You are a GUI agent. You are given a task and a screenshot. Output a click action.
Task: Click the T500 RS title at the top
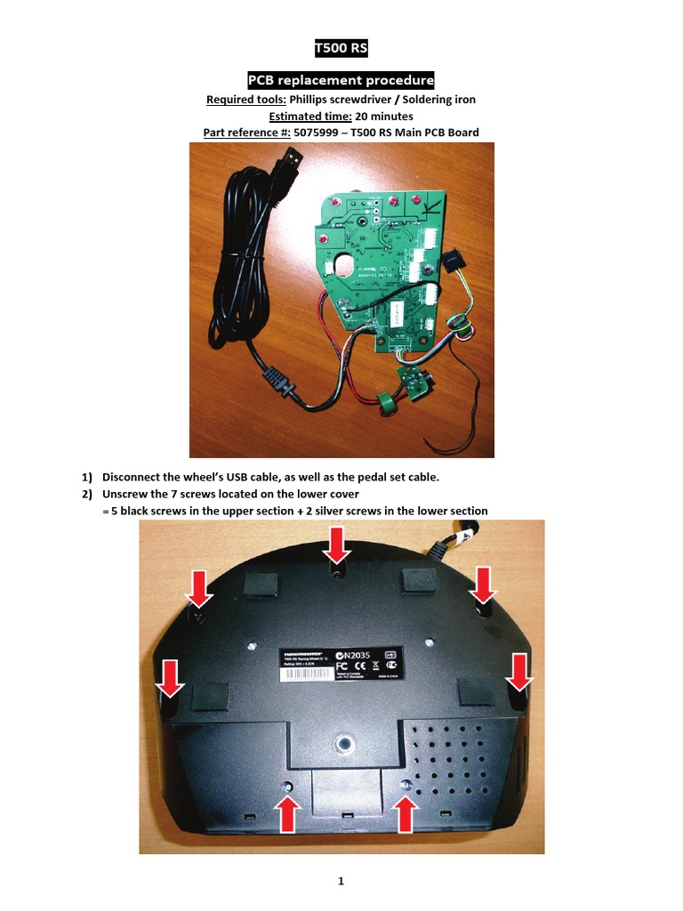[341, 47]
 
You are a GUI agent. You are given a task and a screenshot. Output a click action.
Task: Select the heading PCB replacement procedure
[341, 81]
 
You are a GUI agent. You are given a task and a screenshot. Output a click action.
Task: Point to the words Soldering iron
[437, 99]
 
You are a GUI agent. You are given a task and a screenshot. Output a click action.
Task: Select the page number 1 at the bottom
[341, 882]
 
